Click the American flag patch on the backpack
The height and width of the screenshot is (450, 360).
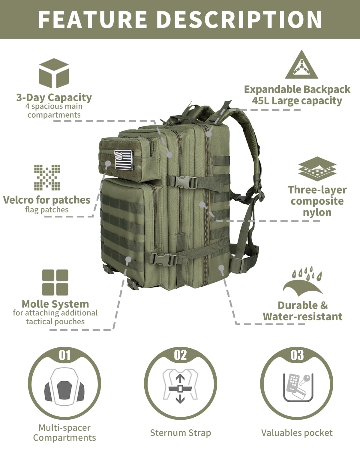click(123, 160)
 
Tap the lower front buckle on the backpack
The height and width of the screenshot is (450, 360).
click(163, 259)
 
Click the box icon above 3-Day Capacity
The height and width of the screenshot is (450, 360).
click(54, 73)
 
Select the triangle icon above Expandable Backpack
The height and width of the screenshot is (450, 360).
click(301, 65)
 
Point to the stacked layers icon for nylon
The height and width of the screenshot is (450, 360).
click(317, 170)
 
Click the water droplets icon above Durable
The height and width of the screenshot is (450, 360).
click(303, 280)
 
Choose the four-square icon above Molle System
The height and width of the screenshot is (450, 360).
click(55, 282)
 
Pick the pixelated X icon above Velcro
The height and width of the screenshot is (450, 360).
click(47, 177)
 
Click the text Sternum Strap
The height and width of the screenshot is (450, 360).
click(180, 433)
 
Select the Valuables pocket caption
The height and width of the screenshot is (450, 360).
click(297, 433)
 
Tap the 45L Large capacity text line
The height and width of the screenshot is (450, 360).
click(297, 101)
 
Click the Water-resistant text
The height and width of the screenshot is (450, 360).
click(303, 316)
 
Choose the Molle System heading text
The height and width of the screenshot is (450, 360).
click(55, 304)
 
